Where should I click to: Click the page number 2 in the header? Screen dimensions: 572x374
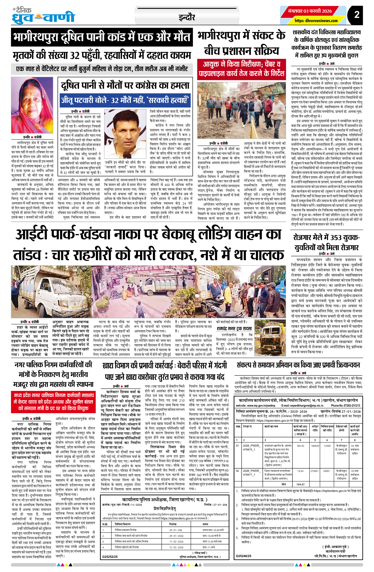click(x=357, y=15)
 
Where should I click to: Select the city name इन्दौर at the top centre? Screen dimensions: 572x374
click(x=187, y=18)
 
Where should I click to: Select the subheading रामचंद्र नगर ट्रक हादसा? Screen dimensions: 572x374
click(x=234, y=329)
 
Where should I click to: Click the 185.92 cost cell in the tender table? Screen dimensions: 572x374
click(x=300, y=446)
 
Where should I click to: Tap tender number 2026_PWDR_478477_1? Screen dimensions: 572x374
click(x=252, y=472)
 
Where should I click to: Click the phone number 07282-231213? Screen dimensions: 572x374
click(x=346, y=406)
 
